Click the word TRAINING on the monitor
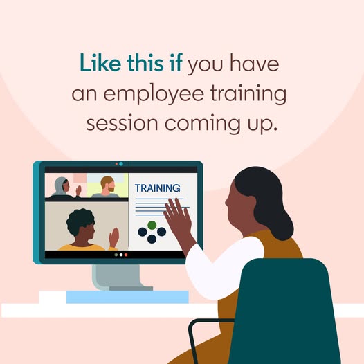(157, 188)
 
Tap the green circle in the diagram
(152, 225)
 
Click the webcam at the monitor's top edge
(120, 164)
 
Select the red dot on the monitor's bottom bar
(126, 255)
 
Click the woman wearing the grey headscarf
(62, 188)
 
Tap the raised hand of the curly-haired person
(114, 237)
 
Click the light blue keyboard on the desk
(127, 297)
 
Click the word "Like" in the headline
(100, 63)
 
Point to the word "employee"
(154, 95)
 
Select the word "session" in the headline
(122, 123)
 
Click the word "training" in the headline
(248, 95)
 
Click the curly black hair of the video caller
(80, 220)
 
